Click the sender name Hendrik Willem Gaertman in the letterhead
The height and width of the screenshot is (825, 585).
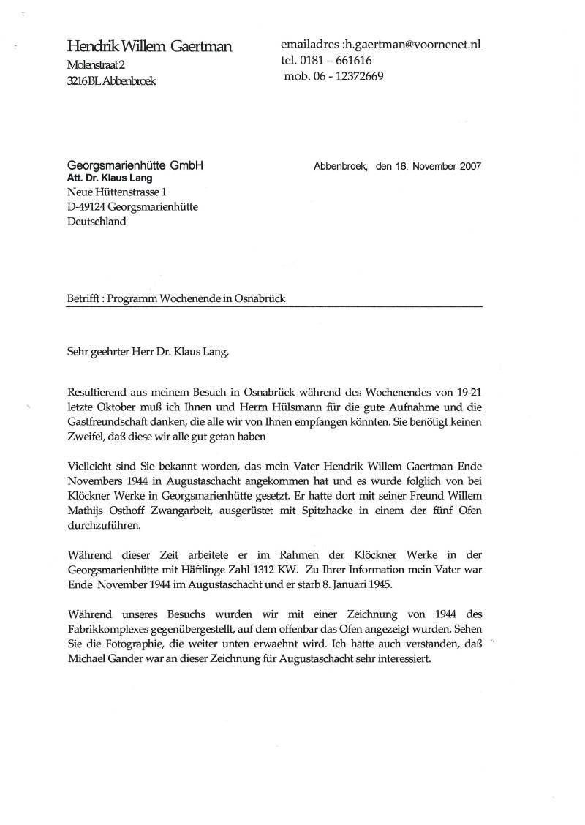[149, 48]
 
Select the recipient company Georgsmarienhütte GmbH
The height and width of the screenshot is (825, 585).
[135, 166]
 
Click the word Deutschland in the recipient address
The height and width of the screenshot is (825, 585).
[97, 222]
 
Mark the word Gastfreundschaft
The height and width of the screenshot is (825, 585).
[112, 422]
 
